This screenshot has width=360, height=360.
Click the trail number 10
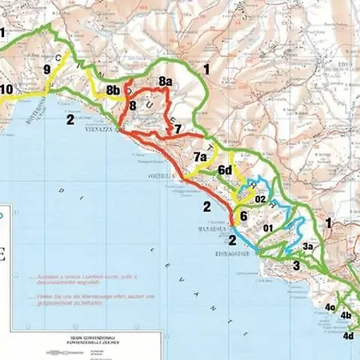click(6, 89)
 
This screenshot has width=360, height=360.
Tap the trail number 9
click(47, 70)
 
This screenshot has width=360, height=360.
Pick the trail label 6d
click(225, 170)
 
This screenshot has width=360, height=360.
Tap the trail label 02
click(260, 199)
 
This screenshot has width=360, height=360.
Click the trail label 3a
click(308, 246)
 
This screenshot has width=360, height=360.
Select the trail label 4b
click(346, 315)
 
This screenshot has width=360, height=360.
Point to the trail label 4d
click(348, 336)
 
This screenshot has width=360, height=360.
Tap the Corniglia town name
click(162, 175)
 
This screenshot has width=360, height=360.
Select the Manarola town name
click(210, 228)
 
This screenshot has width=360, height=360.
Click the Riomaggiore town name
click(238, 255)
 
